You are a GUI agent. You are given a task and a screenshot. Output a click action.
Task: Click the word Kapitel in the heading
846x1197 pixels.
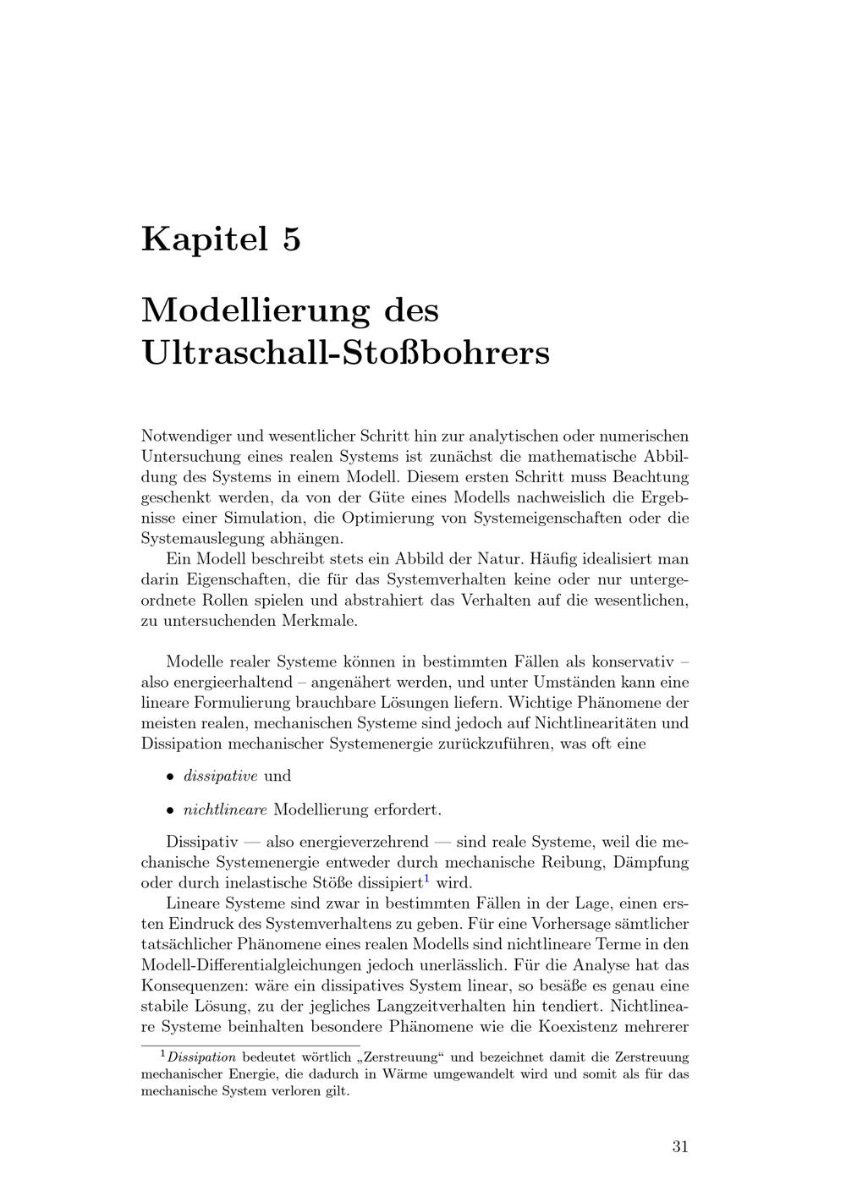pos(202,239)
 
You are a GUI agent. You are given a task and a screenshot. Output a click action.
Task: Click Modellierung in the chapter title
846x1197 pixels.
pos(255,310)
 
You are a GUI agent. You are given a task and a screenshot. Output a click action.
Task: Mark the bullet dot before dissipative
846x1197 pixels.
pos(170,777)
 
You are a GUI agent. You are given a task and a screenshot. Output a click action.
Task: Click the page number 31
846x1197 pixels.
pos(680,1147)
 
